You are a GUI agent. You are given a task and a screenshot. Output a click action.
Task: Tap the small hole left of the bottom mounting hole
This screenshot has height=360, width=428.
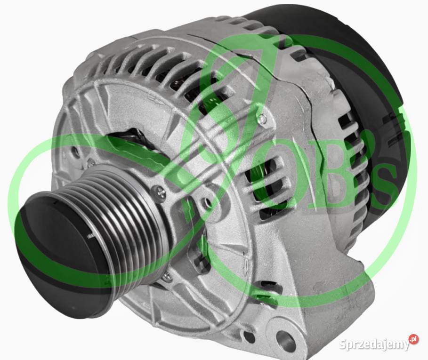click(x=250, y=337)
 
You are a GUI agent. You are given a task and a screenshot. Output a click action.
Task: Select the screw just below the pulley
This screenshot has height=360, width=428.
click(x=166, y=276)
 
